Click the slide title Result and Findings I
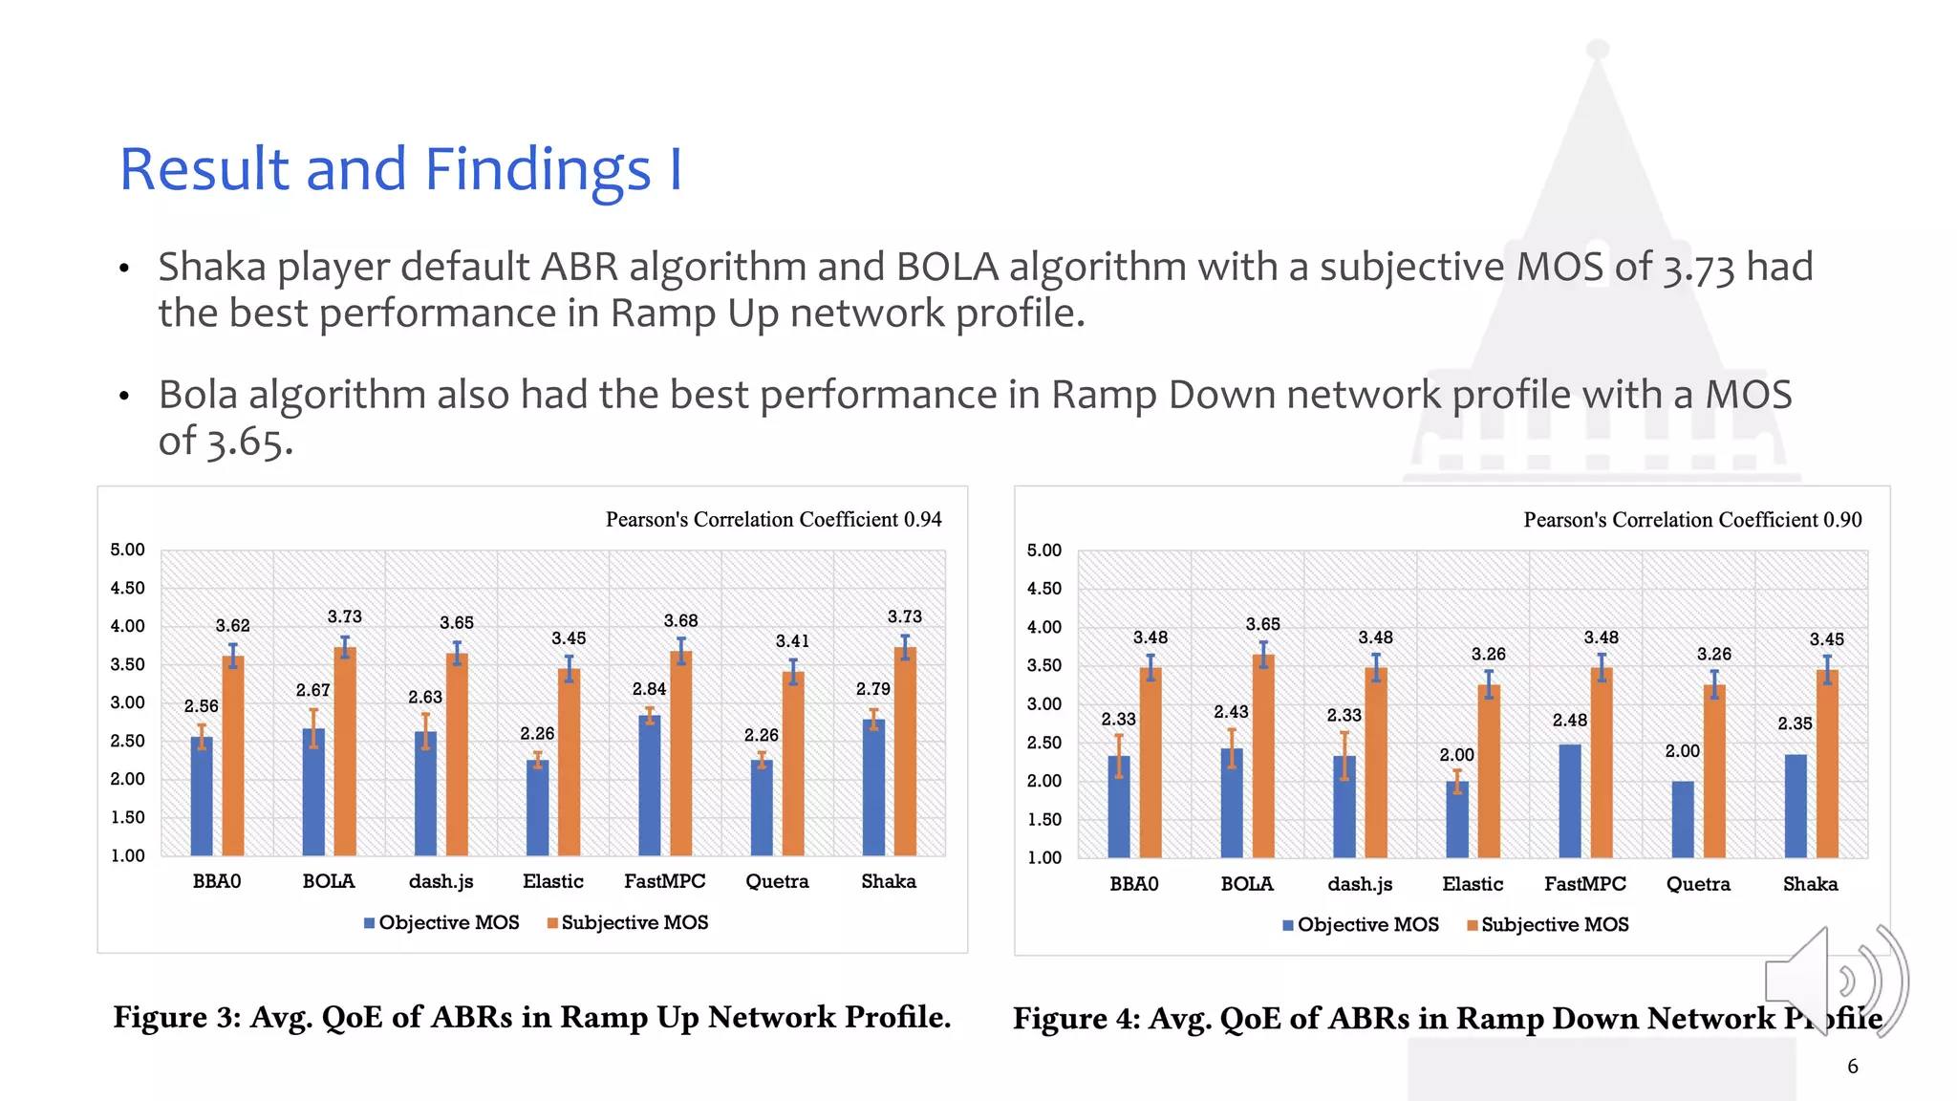click(400, 169)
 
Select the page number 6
click(1852, 1066)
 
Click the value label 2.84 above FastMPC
click(649, 689)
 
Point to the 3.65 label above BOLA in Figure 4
click(1262, 624)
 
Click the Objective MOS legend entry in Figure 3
click(441, 923)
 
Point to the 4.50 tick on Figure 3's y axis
click(127, 588)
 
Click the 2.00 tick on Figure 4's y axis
click(1043, 781)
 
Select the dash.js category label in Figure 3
click(441, 881)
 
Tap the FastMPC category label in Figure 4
click(1584, 884)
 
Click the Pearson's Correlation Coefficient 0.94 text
click(773, 519)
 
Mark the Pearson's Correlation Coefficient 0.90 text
click(1691, 520)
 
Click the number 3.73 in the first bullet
click(1698, 269)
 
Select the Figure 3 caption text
click(531, 1017)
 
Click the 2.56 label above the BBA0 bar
click(201, 706)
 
